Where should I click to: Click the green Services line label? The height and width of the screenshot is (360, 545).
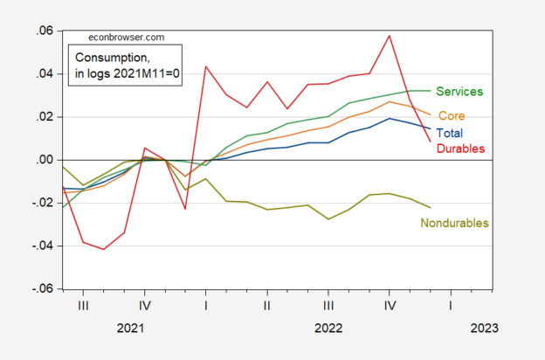[459, 91]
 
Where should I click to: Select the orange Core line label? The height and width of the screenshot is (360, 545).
[451, 115]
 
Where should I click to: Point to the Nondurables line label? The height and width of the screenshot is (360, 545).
[454, 223]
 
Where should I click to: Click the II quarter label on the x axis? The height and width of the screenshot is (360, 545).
[267, 306]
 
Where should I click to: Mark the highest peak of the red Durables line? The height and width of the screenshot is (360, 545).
[390, 36]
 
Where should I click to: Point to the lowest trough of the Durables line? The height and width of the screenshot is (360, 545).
[104, 249]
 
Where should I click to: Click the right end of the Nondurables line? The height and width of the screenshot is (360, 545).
[431, 207]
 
